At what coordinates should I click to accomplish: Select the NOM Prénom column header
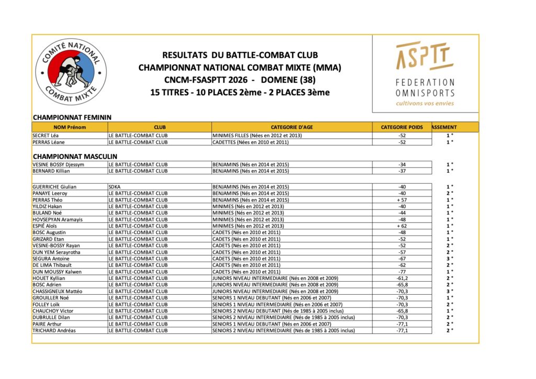70,127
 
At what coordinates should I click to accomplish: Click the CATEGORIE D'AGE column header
292,127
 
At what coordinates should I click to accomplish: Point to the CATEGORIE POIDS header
401,127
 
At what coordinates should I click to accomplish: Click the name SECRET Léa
46,136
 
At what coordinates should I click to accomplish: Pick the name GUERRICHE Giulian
54,187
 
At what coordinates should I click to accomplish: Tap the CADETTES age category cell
250,142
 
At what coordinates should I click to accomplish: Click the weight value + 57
402,200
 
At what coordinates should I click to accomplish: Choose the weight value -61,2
402,278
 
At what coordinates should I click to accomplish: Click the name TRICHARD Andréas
54,331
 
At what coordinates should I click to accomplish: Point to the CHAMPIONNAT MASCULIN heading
75,157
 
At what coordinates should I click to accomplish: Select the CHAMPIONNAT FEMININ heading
72,118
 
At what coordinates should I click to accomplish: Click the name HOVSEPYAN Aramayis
58,219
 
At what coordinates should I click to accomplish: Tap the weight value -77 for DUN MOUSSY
402,272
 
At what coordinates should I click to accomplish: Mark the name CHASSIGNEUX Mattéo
58,292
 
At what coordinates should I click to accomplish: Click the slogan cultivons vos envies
425,103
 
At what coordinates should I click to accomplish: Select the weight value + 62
402,226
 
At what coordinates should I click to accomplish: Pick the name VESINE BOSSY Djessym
58,164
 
